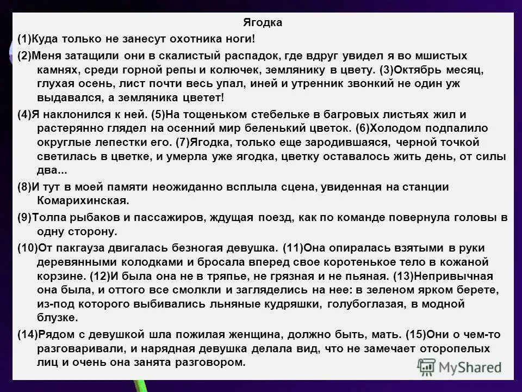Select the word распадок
250,56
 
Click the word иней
258,84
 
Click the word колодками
148,261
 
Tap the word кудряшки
287,304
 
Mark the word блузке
57,318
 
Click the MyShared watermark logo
459,367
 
